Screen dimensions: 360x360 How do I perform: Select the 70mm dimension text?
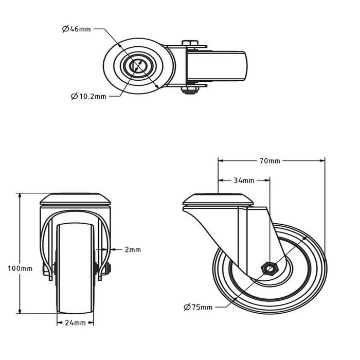coord(269,161)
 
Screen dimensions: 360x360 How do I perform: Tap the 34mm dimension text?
coord(244,181)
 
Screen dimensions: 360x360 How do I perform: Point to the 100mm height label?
coord(20,268)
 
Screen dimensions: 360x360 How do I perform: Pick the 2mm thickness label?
coord(132,250)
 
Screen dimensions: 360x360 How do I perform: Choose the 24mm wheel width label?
coord(75,323)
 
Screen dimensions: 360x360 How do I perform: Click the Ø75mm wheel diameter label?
coord(197,308)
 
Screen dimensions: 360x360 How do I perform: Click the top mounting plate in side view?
coord(219,200)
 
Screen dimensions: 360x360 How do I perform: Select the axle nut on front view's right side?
coord(105,268)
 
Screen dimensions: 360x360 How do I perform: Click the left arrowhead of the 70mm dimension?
coord(220,161)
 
